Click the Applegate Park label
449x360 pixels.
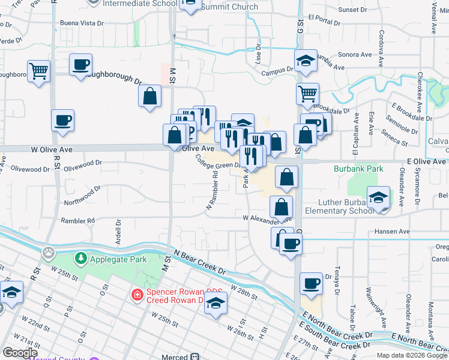tap(112, 259)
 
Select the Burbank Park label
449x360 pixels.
tap(358, 169)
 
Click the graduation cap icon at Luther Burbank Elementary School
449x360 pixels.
tap(379, 197)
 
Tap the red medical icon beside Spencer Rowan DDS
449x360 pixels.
tap(137, 295)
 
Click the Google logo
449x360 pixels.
tap(20, 352)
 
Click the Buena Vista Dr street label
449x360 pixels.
tap(82, 23)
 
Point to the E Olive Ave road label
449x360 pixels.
tap(426, 161)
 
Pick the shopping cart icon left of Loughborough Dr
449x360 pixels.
tap(38, 71)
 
